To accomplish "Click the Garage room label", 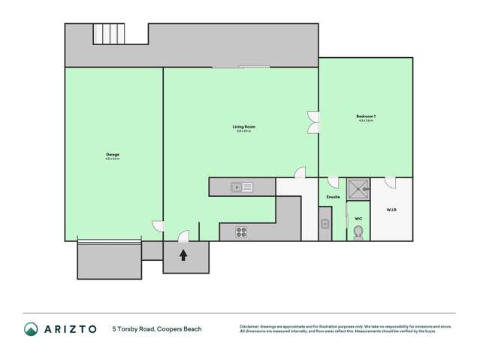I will pyautogui.click(x=113, y=155).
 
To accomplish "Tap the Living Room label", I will pyautogui.click(x=244, y=127).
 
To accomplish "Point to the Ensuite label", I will pyautogui.click(x=333, y=197).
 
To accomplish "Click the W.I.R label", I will pyautogui.click(x=391, y=209).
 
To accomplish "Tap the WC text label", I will pyautogui.click(x=358, y=219).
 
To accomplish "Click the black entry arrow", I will pyautogui.click(x=183, y=256).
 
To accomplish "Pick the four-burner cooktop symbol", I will pyautogui.click(x=241, y=232).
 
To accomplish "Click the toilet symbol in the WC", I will pyautogui.click(x=358, y=232).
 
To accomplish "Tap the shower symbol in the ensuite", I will pyautogui.click(x=358, y=187).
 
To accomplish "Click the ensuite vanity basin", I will pyautogui.click(x=325, y=224).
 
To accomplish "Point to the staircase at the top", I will pyautogui.click(x=108, y=34).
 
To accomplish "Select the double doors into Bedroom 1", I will pyautogui.click(x=313, y=123).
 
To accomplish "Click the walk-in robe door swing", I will pyautogui.click(x=390, y=182).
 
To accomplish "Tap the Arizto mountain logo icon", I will pyautogui.click(x=31, y=328).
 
